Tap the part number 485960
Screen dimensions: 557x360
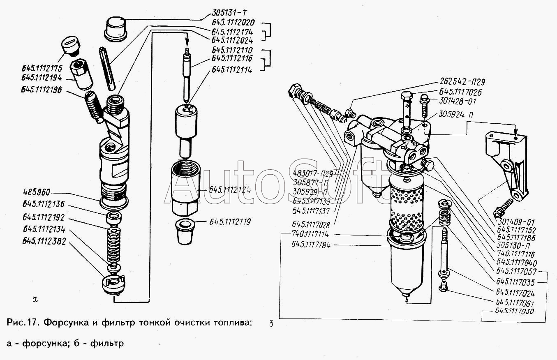(37, 193)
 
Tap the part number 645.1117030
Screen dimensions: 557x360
(516, 312)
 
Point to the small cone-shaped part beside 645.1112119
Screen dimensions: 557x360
(185, 232)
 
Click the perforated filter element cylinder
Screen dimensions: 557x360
(406, 210)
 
